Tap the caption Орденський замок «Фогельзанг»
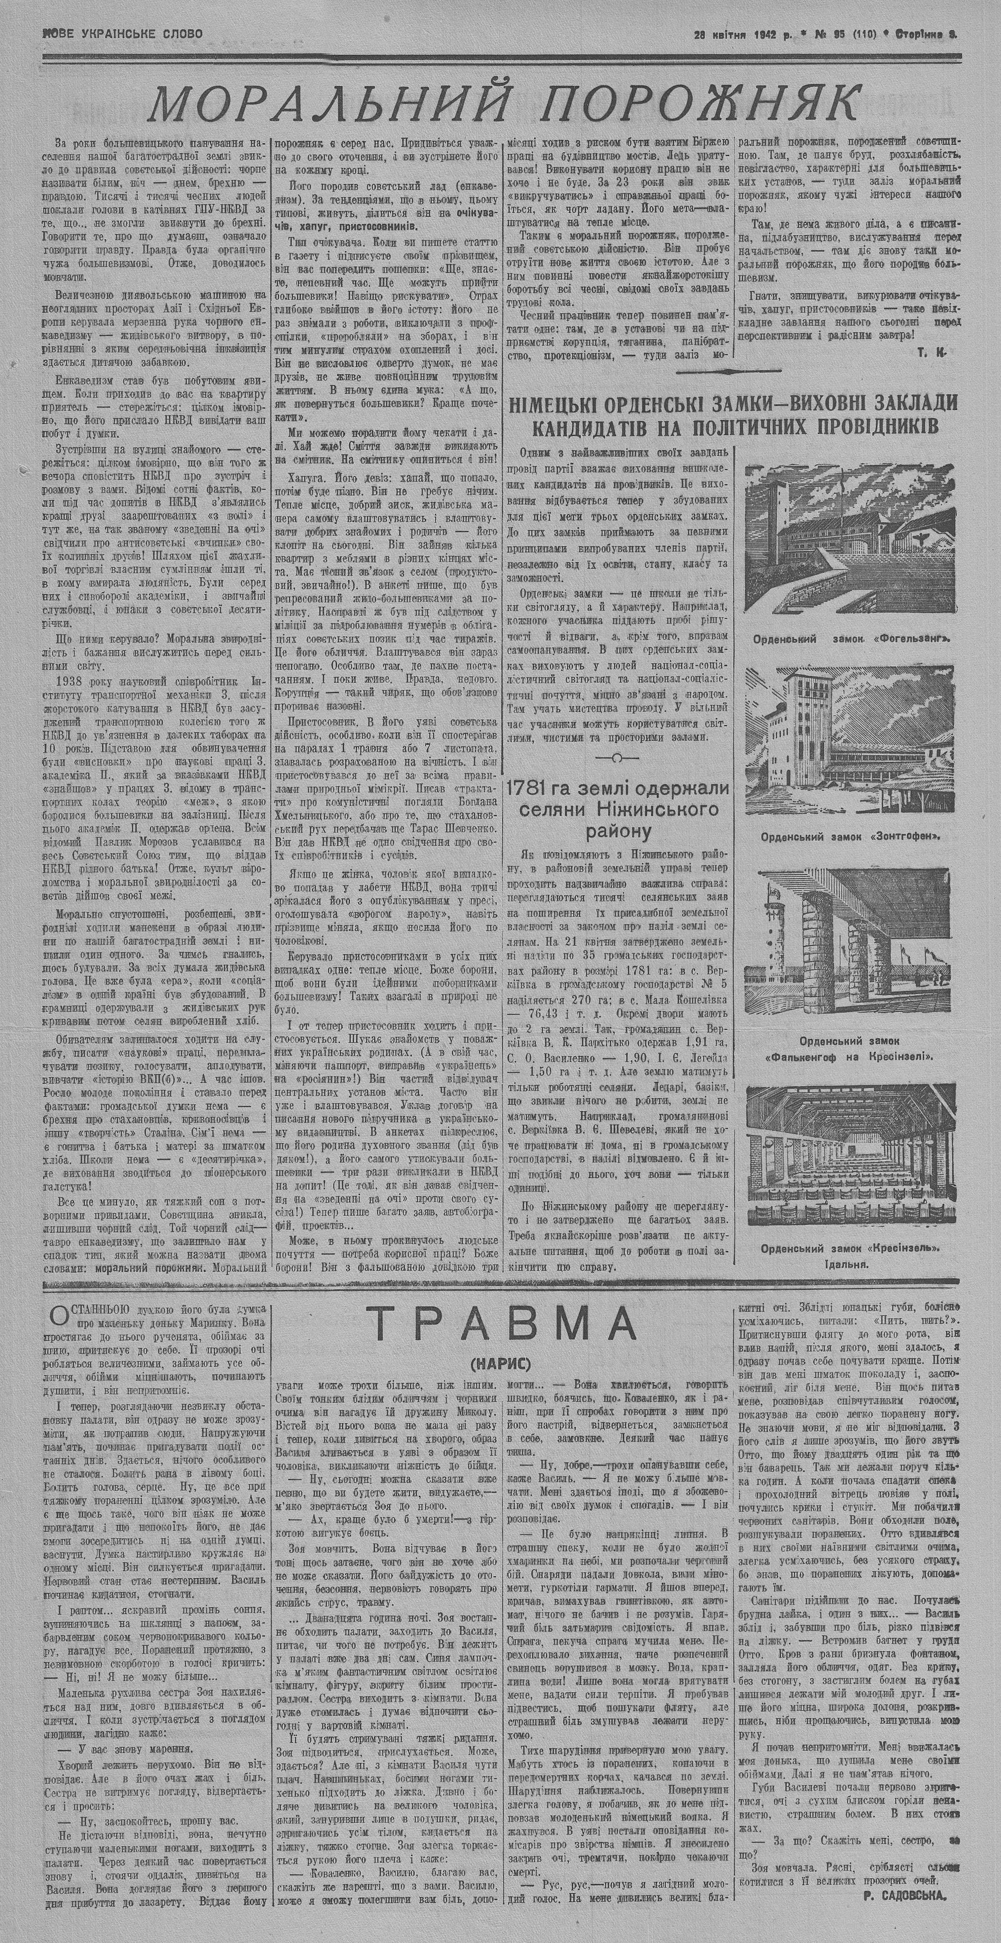click(850, 637)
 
